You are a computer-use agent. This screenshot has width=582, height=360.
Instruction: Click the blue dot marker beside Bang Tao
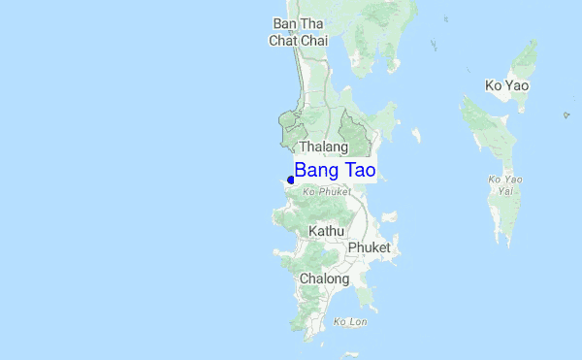tap(292, 180)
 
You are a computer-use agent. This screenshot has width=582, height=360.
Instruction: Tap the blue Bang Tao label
tap(335, 171)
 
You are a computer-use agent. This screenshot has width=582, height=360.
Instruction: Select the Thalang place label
tap(323, 147)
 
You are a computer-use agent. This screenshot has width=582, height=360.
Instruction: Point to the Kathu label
tap(326, 231)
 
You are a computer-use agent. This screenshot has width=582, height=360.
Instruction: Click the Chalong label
tap(324, 278)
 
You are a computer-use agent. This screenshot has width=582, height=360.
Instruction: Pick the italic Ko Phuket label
tap(326, 192)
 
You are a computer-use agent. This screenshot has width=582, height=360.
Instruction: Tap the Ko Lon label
tap(349, 321)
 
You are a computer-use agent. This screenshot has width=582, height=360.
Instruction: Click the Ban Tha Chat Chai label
tap(299, 32)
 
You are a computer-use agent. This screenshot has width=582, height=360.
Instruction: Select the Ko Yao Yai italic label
tap(506, 184)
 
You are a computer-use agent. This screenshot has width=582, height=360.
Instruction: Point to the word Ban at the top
tap(285, 23)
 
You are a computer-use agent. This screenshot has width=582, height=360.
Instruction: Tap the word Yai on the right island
tap(505, 190)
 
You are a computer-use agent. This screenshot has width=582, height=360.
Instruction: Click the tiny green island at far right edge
tap(566, 115)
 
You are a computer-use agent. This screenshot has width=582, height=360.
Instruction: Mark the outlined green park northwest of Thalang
tap(290, 125)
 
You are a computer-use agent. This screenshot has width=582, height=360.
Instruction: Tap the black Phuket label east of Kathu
tap(370, 247)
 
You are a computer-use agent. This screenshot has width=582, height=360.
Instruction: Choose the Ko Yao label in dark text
tap(506, 85)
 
